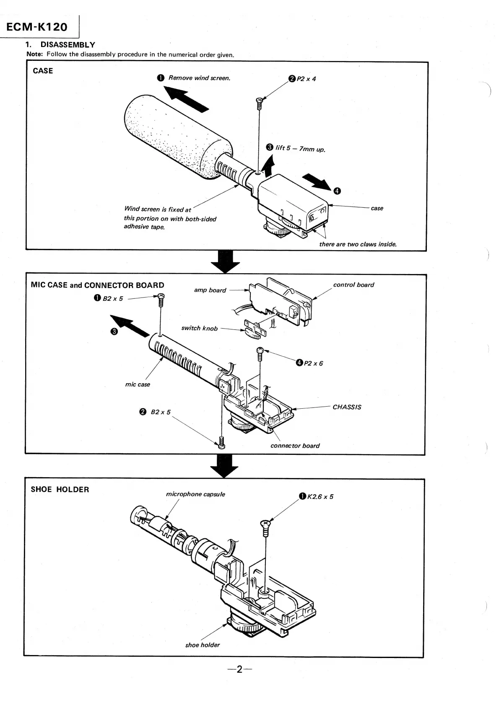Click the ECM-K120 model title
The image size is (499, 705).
click(37, 27)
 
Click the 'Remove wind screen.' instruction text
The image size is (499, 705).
click(199, 78)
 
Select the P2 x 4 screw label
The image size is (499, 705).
click(306, 79)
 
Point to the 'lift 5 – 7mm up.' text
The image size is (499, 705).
click(300, 148)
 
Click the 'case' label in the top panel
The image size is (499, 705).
click(377, 208)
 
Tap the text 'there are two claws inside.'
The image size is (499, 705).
click(358, 244)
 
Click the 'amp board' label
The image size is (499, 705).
click(210, 290)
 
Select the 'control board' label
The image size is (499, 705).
click(353, 285)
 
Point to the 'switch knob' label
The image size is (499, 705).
click(199, 328)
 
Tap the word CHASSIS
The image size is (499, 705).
click(346, 407)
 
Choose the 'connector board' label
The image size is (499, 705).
click(295, 446)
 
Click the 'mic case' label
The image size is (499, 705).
click(138, 384)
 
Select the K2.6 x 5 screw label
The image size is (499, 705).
click(320, 497)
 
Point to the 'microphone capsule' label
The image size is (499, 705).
click(195, 494)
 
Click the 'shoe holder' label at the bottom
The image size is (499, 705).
click(203, 645)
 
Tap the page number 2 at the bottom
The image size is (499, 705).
click(239, 669)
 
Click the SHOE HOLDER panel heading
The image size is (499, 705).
click(60, 489)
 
